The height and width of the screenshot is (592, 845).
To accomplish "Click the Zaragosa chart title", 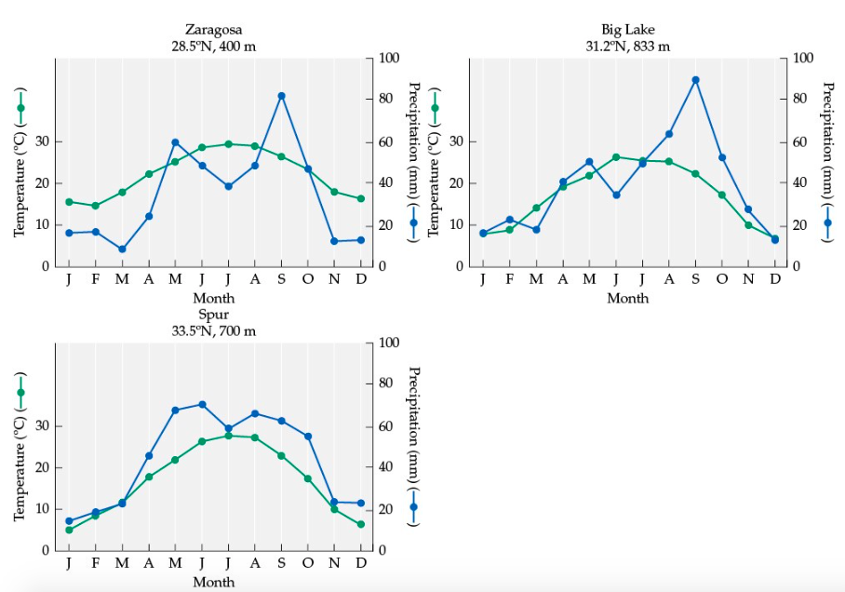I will coord(213,31).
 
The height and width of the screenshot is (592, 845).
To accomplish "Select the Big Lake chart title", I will coord(627,31).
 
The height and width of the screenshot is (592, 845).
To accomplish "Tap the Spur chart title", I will coord(213,315).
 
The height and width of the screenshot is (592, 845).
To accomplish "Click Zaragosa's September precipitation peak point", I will coord(281,96).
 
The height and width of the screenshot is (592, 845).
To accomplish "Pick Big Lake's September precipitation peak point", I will coord(695,80).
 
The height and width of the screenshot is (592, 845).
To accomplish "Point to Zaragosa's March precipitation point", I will coord(122,249).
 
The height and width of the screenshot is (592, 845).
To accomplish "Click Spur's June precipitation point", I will coord(202,404).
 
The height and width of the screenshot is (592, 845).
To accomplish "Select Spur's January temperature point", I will coord(69,530).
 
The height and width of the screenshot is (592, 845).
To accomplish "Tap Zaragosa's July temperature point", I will coord(228,144).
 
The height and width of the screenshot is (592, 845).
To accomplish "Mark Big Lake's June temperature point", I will coord(616,157).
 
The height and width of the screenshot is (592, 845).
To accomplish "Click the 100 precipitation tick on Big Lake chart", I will coord(801,59).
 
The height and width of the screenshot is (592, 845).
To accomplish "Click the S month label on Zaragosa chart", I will coord(281,278).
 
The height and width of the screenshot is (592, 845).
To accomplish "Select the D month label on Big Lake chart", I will coord(775,278).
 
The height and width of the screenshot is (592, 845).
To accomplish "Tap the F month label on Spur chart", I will coord(95,563).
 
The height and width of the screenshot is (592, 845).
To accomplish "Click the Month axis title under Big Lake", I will coord(627,299).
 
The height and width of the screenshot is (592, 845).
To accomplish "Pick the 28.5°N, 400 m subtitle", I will coord(213,47).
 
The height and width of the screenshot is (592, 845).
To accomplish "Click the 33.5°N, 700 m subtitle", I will coord(213,330).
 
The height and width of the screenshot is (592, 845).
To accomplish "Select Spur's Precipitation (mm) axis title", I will coord(413,447).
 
